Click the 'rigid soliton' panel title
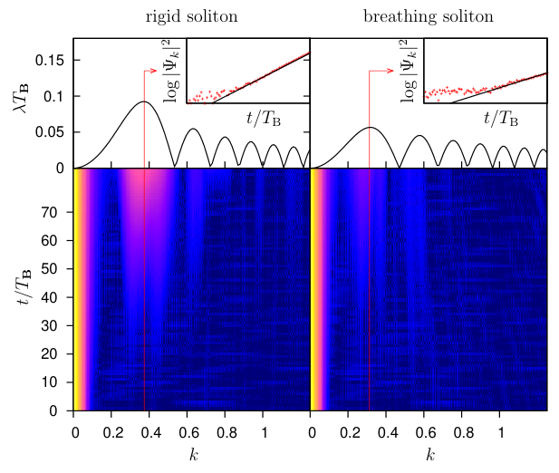pyautogui.click(x=191, y=16)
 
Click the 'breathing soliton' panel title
pyautogui.click(x=429, y=16)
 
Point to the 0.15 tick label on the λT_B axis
pyautogui.click(x=50, y=60)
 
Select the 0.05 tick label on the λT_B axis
pyautogui.click(x=50, y=132)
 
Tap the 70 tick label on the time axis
pyautogui.click(x=49, y=212)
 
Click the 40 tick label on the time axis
pyautogui.click(x=49, y=297)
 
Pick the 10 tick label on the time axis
pyautogui.click(x=49, y=382)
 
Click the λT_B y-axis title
pyautogui.click(x=22, y=99)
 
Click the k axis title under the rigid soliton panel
pyautogui.click(x=194, y=455)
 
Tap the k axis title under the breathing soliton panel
pyautogui.click(x=430, y=455)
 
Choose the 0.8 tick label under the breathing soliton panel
pyautogui.click(x=464, y=433)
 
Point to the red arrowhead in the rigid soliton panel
pyautogui.click(x=154, y=71)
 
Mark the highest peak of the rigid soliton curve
pyautogui.click(x=144, y=101)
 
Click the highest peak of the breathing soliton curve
pyautogui.click(x=370, y=127)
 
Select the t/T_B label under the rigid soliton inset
pyautogui.click(x=264, y=118)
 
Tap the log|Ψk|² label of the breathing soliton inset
pyautogui.click(x=409, y=72)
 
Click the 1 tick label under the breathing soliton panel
pyautogui.click(x=501, y=433)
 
